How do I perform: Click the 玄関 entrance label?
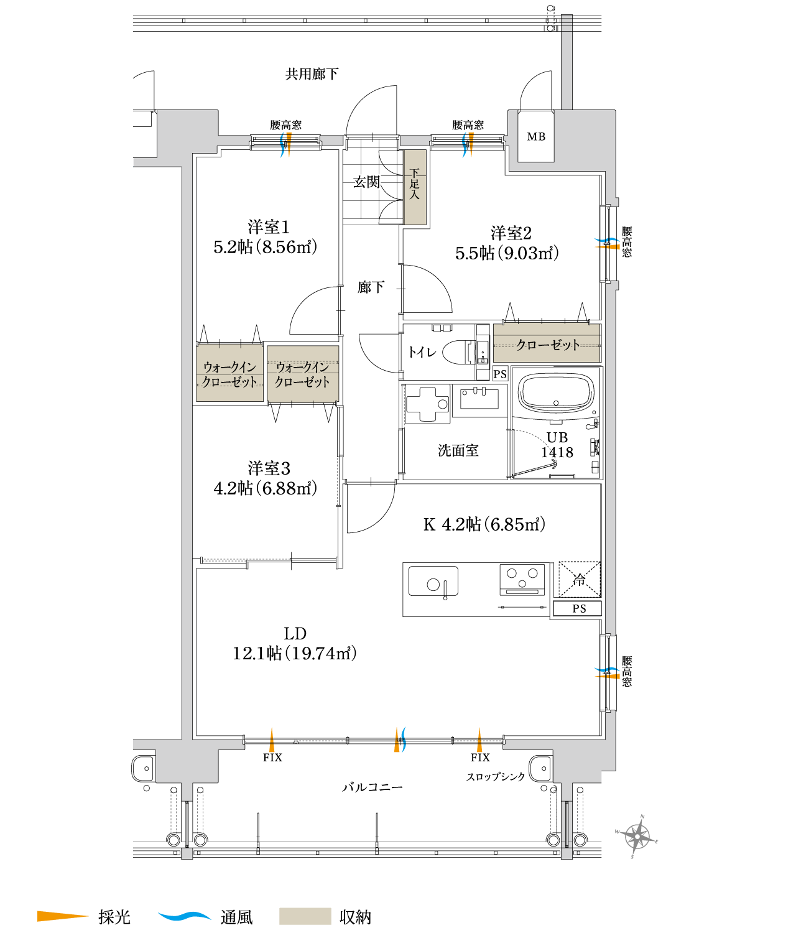[x=366, y=182]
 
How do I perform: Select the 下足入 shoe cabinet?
[x=415, y=187]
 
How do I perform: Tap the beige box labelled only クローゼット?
[x=547, y=343]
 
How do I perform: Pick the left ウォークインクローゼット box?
[x=230, y=373]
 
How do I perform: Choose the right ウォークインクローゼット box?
[x=303, y=374]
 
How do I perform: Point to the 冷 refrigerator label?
[x=579, y=580]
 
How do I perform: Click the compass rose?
[x=637, y=837]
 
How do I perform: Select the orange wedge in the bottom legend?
[x=62, y=916]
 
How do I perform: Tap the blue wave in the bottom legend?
[x=185, y=916]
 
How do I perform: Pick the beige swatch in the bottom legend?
[x=305, y=916]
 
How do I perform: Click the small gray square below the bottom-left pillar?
[x=187, y=853]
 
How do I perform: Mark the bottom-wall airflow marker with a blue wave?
[x=400, y=740]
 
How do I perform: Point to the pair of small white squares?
[x=442, y=328]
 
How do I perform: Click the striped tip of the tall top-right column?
[x=567, y=21]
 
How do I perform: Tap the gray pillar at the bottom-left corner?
[x=187, y=764]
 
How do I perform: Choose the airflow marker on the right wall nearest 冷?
[x=608, y=673]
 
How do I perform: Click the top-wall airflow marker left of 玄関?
[x=285, y=144]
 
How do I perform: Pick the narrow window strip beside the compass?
[x=567, y=824]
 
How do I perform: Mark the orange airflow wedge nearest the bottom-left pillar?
[x=272, y=740]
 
